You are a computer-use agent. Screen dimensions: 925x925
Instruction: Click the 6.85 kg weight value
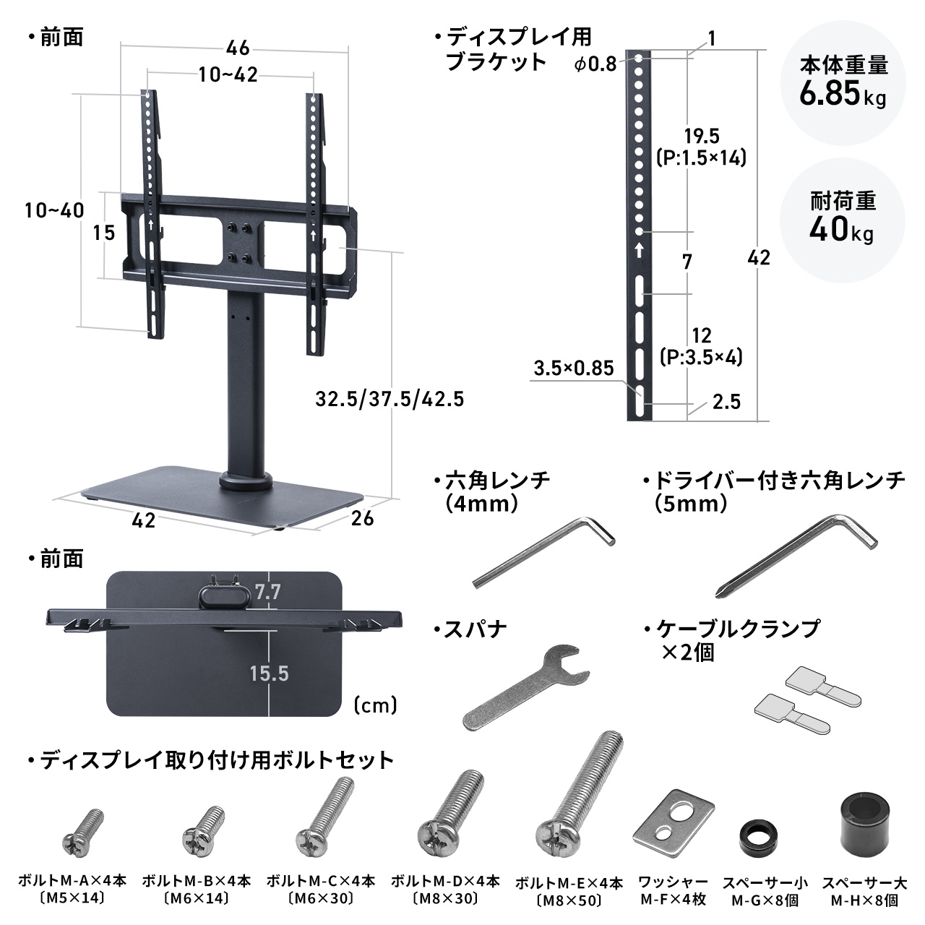(843, 93)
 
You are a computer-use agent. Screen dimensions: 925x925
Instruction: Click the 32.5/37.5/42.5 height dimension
(390, 398)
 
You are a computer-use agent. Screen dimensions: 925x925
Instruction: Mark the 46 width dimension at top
(237, 48)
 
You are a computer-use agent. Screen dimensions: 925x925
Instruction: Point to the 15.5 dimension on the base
(269, 674)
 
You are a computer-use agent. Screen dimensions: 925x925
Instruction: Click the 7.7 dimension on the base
(267, 593)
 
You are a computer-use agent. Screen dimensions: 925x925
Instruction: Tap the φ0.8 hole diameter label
(595, 64)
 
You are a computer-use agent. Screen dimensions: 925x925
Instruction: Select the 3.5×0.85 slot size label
(573, 368)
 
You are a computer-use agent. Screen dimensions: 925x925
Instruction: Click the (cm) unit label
(376, 705)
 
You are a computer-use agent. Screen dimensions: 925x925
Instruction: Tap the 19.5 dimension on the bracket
(701, 135)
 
